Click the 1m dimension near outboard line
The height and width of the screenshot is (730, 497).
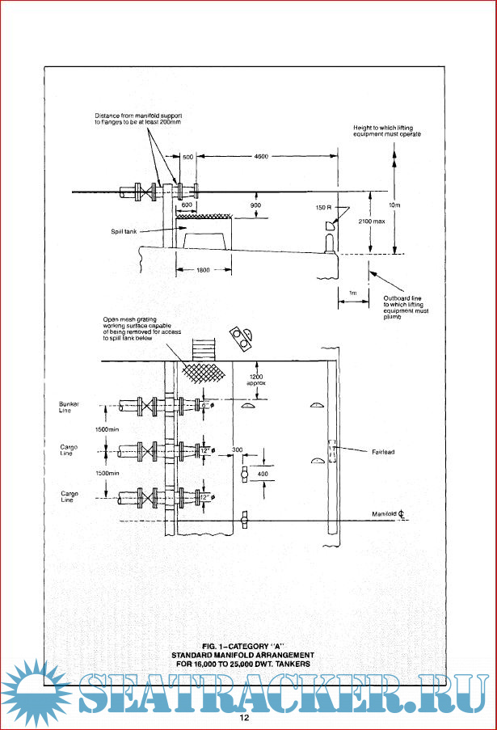(x=352, y=292)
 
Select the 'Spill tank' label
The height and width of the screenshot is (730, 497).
(x=125, y=231)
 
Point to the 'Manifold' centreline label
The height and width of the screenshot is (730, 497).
(x=388, y=513)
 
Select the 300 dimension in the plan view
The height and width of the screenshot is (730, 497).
(x=236, y=448)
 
